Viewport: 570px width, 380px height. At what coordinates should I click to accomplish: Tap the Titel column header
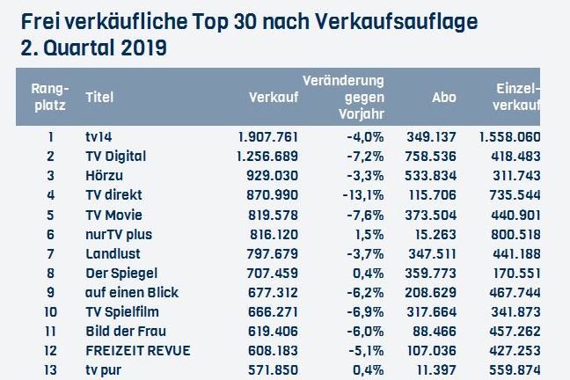click(99, 98)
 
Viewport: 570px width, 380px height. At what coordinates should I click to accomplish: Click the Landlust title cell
click(109, 253)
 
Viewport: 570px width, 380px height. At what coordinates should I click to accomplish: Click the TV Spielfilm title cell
click(121, 311)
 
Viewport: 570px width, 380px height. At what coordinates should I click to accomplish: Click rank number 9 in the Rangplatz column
click(51, 292)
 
